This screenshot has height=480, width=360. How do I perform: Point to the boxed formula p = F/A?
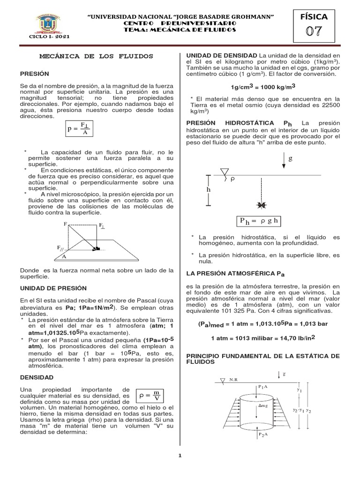(x=79, y=128)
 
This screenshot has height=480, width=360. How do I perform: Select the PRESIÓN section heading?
(x=35, y=74)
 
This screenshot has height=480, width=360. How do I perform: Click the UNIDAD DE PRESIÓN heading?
(x=53, y=288)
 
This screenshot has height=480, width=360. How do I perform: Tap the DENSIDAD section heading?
(x=37, y=377)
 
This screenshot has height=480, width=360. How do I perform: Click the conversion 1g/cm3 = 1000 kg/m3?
(x=263, y=87)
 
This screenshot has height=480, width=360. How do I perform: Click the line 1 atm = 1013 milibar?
(x=263, y=337)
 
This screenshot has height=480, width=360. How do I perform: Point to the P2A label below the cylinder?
(x=262, y=435)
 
